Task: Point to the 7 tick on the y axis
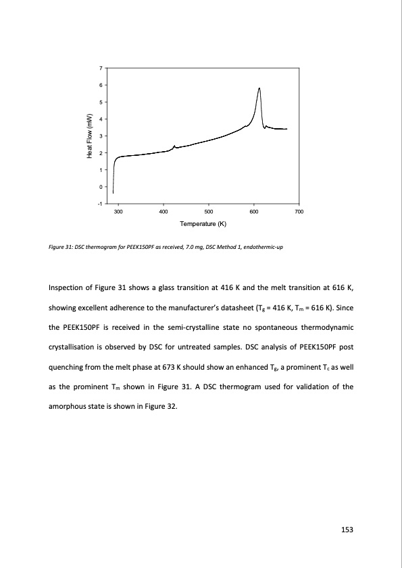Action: [100, 68]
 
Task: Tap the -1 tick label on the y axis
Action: [99, 204]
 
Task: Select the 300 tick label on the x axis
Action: [118, 212]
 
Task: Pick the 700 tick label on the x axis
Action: [299, 212]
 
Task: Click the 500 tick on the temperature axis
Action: [208, 212]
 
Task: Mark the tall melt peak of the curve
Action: [259, 88]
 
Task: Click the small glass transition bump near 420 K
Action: [174, 146]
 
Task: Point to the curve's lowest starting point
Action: [113, 193]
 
